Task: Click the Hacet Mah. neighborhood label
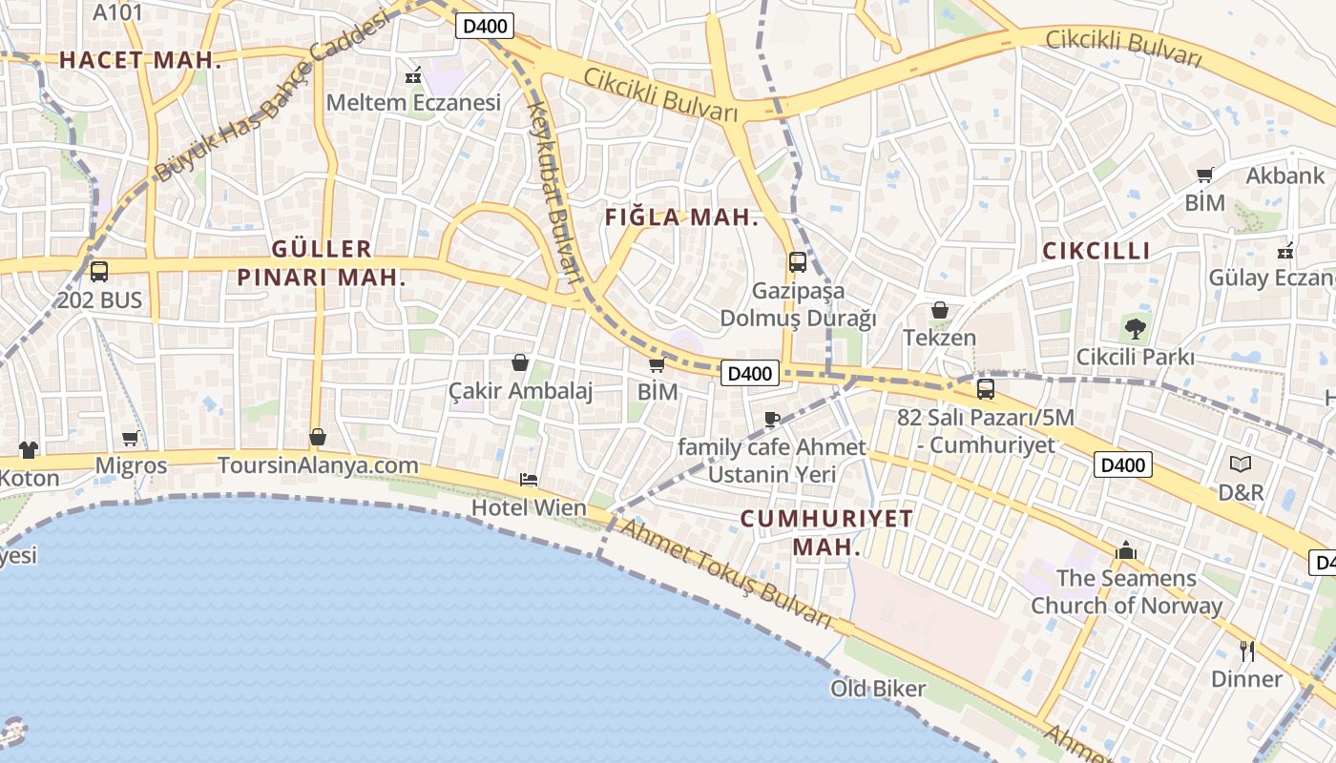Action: pyautogui.click(x=140, y=60)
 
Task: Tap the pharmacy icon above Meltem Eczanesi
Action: pyautogui.click(x=413, y=74)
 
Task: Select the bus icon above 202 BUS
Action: pyautogui.click(x=99, y=272)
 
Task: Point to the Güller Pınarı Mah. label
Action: pyautogui.click(x=322, y=263)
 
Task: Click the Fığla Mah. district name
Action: pyautogui.click(x=681, y=217)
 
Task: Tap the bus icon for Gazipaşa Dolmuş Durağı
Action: pyautogui.click(x=797, y=262)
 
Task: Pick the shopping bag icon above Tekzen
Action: pyautogui.click(x=940, y=310)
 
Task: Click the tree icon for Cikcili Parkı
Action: pyautogui.click(x=1135, y=330)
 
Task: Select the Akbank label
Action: pyautogui.click(x=1285, y=175)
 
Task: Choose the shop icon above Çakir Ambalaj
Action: pyautogui.click(x=520, y=362)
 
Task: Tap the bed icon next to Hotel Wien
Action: pyautogui.click(x=529, y=479)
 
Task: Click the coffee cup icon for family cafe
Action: pyautogui.click(x=772, y=419)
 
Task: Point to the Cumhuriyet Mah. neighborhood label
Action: pyautogui.click(x=826, y=532)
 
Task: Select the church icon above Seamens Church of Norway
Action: pyautogui.click(x=1126, y=551)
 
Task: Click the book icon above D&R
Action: pyautogui.click(x=1240, y=464)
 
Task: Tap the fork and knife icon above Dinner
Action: pyautogui.click(x=1246, y=651)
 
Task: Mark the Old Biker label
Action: pyautogui.click(x=878, y=688)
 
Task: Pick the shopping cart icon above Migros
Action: pyautogui.click(x=131, y=439)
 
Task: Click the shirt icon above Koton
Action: pyautogui.click(x=28, y=449)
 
